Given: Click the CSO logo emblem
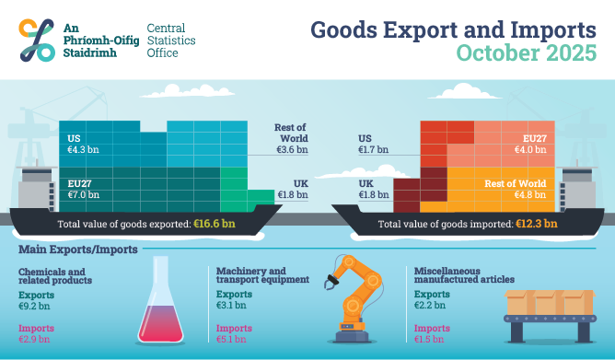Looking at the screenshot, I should (38, 39).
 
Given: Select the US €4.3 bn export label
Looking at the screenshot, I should (80, 144).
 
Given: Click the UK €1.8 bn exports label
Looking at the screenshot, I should (293, 189).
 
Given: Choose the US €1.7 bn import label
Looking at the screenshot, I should (372, 143).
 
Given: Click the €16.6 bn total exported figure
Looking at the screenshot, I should (214, 223).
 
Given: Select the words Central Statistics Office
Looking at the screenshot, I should (175, 41).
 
